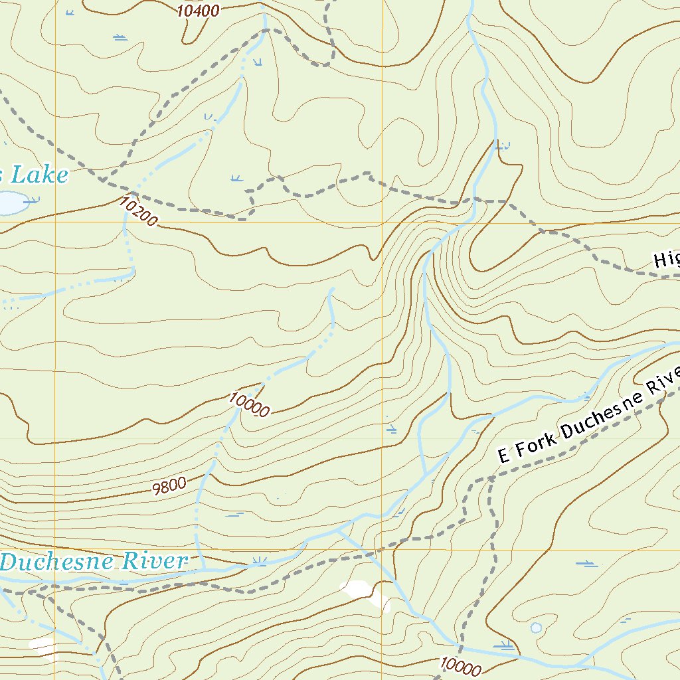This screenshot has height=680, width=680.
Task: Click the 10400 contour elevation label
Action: pyautogui.click(x=199, y=10)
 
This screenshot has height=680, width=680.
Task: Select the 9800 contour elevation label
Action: pyautogui.click(x=169, y=487)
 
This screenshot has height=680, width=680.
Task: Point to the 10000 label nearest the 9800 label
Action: pyautogui.click(x=248, y=404)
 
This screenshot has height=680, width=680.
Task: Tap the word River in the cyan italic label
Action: pyautogui.click(x=159, y=561)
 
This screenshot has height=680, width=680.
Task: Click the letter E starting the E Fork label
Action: pyautogui.click(x=503, y=456)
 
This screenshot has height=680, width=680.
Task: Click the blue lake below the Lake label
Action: pyautogui.click(x=10, y=203)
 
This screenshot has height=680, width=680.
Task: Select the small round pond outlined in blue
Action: pyautogui.click(x=535, y=627)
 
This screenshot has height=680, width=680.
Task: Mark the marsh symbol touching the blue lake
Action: pyautogui.click(x=31, y=199)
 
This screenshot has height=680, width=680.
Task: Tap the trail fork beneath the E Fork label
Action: pyautogui.click(x=490, y=477)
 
